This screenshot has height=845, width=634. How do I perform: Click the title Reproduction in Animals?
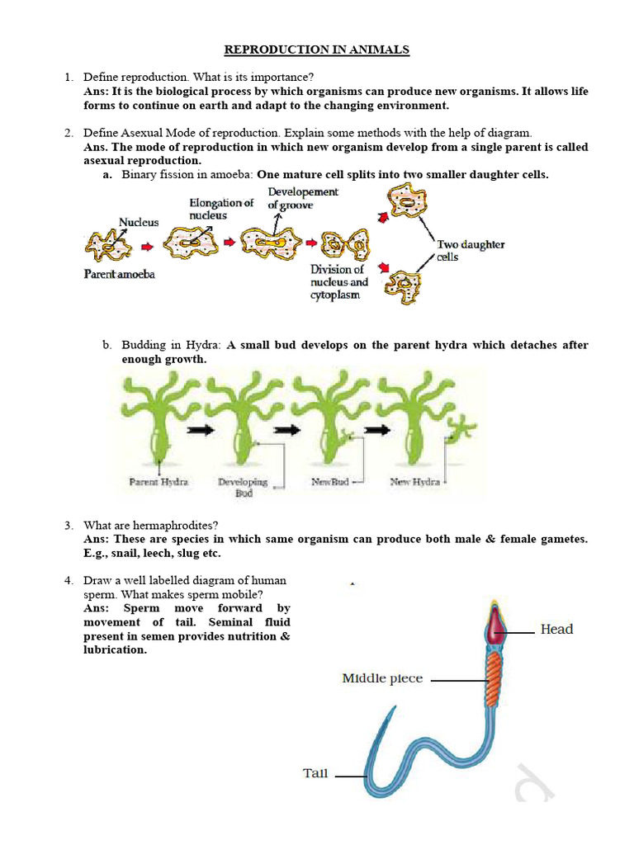coord(317,50)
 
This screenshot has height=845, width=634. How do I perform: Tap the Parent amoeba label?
coord(119,274)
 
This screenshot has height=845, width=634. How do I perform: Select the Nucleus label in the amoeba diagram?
coord(139,222)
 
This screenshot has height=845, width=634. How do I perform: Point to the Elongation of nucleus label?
coord(221,209)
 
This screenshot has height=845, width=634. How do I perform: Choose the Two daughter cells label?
coord(471,250)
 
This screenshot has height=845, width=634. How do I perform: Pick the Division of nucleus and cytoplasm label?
coord(339,281)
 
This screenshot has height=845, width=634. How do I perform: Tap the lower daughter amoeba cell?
coord(408,288)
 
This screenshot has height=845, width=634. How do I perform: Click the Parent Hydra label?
coord(158,482)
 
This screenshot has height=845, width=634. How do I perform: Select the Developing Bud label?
coord(242,487)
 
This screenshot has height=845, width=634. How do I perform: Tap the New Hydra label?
coord(414,482)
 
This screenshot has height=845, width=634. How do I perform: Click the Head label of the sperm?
coord(556,630)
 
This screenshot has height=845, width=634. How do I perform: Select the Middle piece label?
coord(382,678)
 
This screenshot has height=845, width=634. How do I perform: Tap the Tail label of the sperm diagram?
coord(315,774)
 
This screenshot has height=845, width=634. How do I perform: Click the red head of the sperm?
coord(494,625)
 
